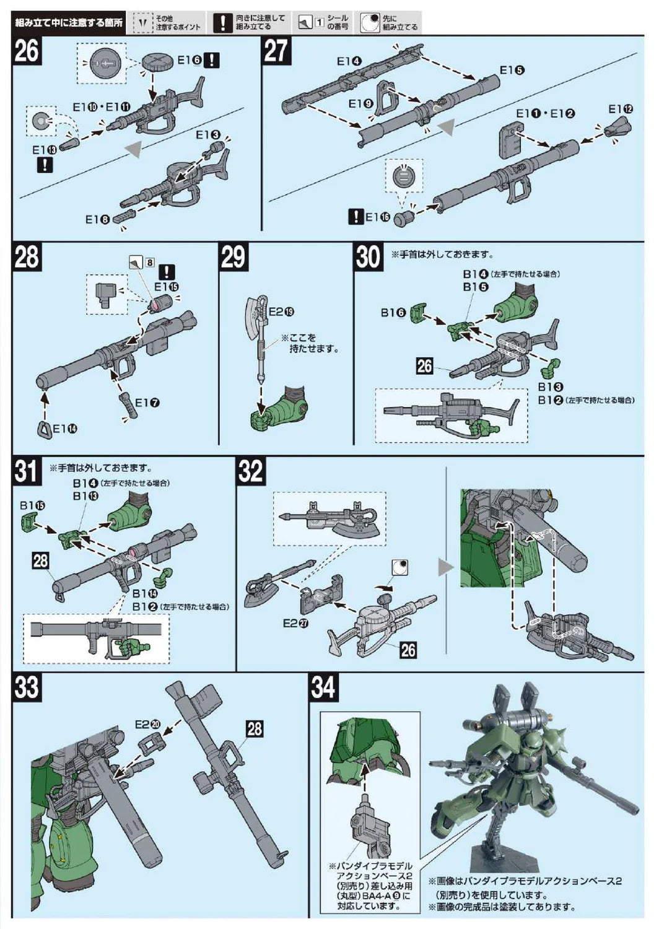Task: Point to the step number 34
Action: click(x=323, y=687)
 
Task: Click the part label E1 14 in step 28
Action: click(x=65, y=429)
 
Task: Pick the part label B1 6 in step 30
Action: click(x=393, y=313)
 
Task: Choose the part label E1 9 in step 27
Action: click(x=360, y=103)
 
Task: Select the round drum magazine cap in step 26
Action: click(x=157, y=63)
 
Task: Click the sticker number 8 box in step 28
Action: click(x=150, y=263)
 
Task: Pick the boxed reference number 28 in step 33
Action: click(x=255, y=729)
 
